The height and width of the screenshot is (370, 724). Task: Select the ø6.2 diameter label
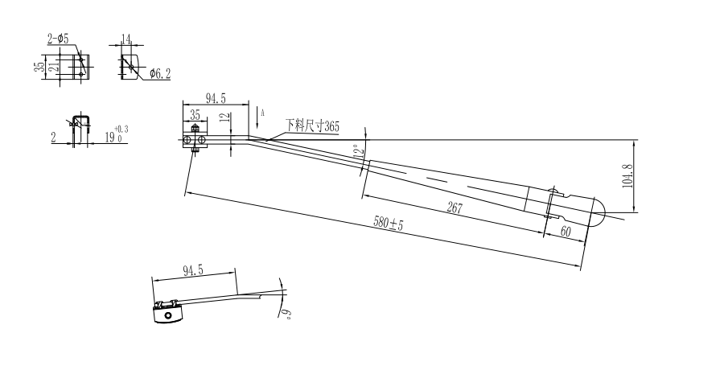159,74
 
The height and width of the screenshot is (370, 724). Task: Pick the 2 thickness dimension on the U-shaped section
53,138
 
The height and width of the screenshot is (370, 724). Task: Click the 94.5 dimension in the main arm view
216,99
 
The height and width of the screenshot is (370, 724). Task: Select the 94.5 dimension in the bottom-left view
192,270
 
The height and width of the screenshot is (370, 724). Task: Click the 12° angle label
357,150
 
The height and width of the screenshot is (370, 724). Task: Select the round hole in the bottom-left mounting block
168,316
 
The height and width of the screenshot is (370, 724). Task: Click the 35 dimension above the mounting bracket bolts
195,115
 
